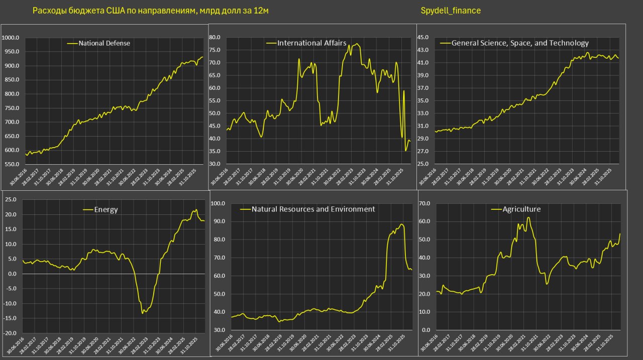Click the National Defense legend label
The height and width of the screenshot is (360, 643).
tap(104, 43)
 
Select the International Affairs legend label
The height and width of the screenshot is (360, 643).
tap(311, 43)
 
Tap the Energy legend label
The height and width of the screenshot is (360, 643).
tap(105, 209)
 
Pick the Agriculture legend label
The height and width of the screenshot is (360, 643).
tap(521, 209)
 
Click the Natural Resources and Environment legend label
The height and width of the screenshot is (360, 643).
tap(313, 209)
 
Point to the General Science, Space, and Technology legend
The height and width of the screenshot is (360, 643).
tap(520, 43)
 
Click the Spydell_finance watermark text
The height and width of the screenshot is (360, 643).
tap(450, 11)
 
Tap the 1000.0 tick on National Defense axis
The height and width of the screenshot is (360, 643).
tap(11, 38)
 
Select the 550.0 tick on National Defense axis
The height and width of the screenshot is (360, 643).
tap(12, 164)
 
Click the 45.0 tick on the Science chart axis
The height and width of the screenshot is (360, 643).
tap(423, 37)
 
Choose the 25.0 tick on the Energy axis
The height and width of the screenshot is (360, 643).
tap(11, 200)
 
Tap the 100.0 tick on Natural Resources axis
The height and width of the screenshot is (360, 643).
tap(219, 203)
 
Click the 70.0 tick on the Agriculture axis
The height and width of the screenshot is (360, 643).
tap(425, 203)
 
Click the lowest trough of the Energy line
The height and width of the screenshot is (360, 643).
tap(143, 313)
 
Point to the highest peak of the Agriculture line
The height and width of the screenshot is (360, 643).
tap(528, 217)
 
